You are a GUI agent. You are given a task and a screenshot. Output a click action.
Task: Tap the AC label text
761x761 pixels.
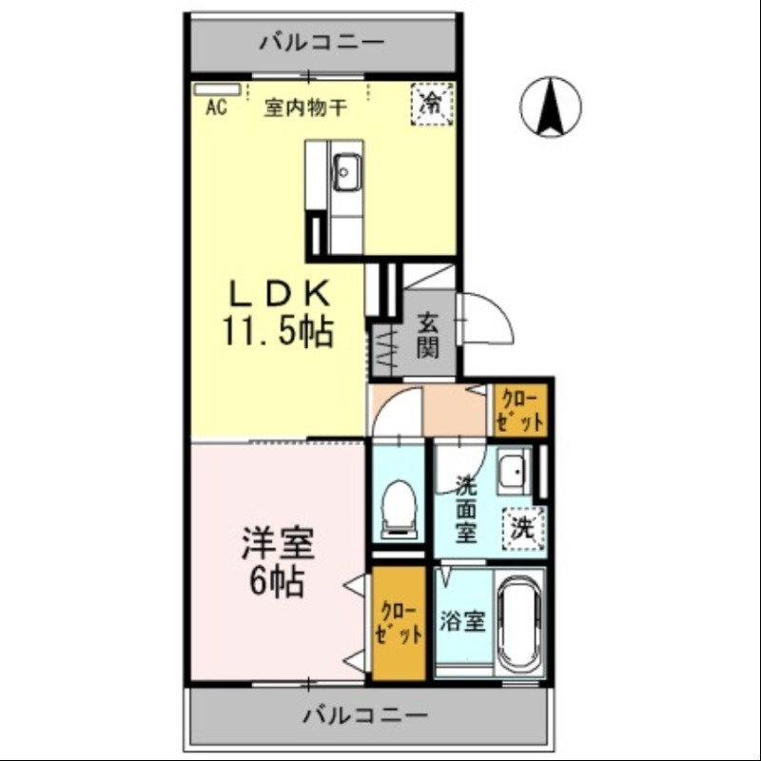pyautogui.click(x=215, y=107)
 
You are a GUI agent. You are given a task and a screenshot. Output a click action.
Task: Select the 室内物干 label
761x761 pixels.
pyautogui.click(x=303, y=107)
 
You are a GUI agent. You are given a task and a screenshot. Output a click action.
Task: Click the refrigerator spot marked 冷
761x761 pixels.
pyautogui.click(x=433, y=101)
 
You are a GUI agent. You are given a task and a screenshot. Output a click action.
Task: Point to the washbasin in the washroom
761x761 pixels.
pyautogui.click(x=513, y=471)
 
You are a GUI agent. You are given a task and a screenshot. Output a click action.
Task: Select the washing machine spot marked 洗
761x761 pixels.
pyautogui.click(x=522, y=527)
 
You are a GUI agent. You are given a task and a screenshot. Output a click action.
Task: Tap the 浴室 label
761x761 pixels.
pyautogui.click(x=462, y=622)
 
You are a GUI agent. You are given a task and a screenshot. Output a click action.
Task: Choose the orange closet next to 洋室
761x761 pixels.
pyautogui.click(x=398, y=623)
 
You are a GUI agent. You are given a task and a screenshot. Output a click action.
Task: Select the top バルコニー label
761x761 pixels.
pyautogui.click(x=321, y=42)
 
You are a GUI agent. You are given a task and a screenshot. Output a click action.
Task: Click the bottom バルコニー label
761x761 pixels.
pyautogui.click(x=365, y=713)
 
